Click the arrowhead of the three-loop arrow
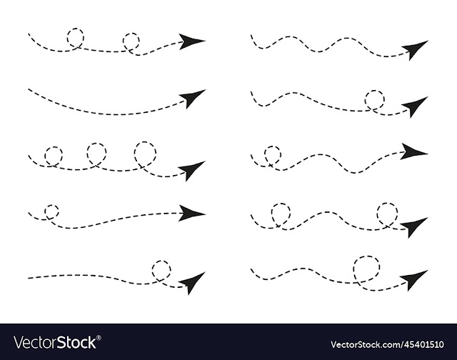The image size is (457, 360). (x=191, y=171)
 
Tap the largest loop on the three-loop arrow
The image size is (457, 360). (x=135, y=153)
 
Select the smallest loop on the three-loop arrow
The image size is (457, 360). (x=45, y=156)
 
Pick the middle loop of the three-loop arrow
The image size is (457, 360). (x=87, y=152)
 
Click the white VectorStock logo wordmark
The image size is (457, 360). (x=55, y=342)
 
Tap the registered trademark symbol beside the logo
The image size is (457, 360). (x=99, y=338)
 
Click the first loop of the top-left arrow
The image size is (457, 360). (x=68, y=38)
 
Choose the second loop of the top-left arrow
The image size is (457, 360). (x=124, y=41)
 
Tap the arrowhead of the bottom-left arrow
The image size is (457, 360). (x=192, y=282)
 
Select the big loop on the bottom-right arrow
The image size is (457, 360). (x=354, y=268)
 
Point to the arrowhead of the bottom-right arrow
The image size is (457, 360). (x=413, y=279)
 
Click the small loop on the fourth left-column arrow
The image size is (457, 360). (x=45, y=211)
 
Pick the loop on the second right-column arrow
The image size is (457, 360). (x=366, y=100)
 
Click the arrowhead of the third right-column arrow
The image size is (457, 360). (x=412, y=151)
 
